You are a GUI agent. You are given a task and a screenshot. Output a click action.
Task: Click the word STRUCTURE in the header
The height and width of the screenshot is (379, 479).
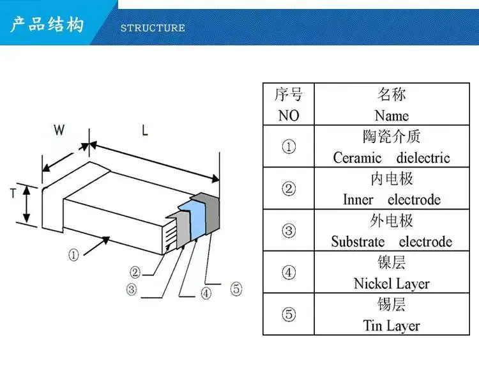coord(153,28)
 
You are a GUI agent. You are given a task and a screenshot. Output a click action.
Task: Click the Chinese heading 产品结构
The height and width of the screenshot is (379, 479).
coord(47,24)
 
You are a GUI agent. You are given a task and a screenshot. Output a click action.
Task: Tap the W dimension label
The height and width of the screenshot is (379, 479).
coord(59,130)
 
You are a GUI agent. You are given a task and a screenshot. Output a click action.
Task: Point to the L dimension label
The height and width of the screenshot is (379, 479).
coord(145,130)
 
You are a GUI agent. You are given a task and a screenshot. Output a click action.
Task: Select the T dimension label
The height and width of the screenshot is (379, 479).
coord(13,194)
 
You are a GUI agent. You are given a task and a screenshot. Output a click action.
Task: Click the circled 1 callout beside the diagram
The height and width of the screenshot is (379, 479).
coord(73,254)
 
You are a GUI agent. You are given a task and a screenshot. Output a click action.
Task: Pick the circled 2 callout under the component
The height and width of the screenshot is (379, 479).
coord(135,272)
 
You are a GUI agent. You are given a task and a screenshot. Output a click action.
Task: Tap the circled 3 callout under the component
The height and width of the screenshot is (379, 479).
coord(132,289)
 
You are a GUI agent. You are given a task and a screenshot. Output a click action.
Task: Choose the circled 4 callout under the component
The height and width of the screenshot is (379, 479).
coord(206,293)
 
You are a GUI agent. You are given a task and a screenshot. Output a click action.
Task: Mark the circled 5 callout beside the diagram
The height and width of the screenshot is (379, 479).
coord(236,289)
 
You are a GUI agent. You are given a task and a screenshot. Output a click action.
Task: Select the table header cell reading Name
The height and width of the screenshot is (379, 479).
coord(392,116)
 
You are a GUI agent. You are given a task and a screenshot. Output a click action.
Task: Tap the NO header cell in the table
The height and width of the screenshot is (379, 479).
coord(289,116)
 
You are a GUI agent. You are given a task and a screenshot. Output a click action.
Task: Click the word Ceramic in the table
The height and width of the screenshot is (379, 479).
coord(357,158)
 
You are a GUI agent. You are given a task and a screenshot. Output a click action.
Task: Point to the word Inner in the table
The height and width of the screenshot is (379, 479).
coord(358,200)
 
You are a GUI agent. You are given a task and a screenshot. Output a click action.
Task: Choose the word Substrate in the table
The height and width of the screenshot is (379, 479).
coord(358,242)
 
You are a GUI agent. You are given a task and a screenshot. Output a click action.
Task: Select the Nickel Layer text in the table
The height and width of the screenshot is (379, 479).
coord(392,284)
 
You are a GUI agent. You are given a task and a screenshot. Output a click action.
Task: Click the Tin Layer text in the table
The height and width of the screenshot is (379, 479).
coord(392,326)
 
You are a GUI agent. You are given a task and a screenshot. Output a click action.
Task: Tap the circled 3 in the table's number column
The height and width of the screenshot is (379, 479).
coord(289,231)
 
